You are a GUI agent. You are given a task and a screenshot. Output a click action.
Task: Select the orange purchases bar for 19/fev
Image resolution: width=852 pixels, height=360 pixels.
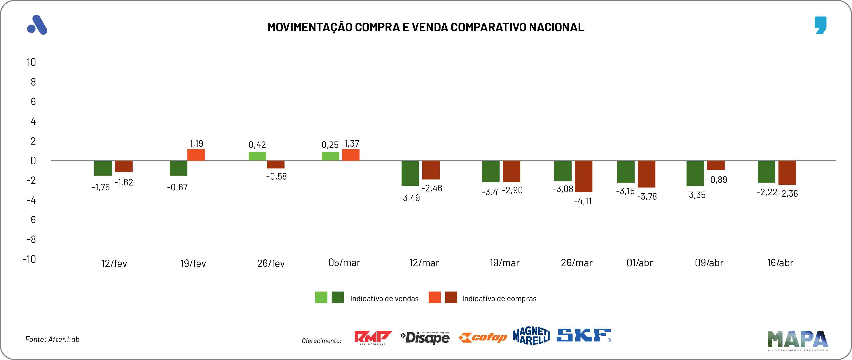[x=196, y=155]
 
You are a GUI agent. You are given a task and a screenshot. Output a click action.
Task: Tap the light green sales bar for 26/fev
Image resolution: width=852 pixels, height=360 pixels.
[x=257, y=156]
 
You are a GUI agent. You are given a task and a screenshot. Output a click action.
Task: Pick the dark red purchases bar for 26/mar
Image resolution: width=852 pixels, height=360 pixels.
[x=584, y=176]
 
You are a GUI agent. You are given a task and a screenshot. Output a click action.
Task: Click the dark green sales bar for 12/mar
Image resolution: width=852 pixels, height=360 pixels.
[x=410, y=173]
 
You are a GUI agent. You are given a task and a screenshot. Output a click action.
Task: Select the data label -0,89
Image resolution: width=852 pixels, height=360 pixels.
[x=717, y=180]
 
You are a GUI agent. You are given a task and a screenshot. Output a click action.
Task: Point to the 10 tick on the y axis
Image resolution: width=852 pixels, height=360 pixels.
[x=31, y=62]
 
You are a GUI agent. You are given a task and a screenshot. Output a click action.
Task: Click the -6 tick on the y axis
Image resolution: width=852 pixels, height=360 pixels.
[x=31, y=219]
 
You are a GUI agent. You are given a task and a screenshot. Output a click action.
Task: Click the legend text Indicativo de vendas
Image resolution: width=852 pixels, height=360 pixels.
[x=384, y=299]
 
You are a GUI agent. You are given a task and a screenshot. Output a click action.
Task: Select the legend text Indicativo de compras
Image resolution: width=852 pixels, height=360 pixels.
[x=499, y=299]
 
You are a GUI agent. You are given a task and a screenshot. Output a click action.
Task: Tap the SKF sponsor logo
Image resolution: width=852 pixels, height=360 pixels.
[x=584, y=335]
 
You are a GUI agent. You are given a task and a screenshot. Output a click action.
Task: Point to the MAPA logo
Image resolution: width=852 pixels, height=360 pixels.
[x=798, y=340]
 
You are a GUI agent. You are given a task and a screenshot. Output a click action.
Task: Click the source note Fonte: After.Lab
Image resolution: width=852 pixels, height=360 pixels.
[x=52, y=339]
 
